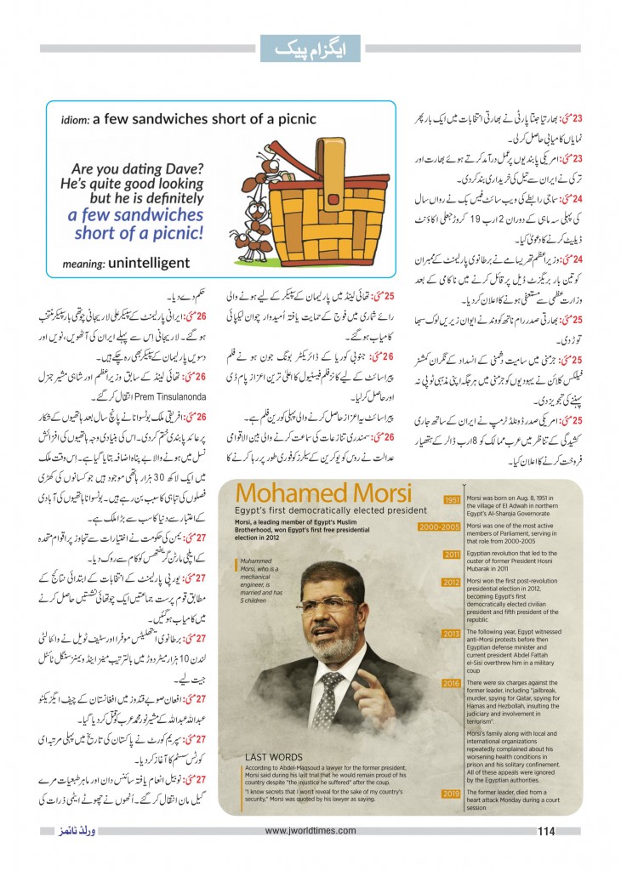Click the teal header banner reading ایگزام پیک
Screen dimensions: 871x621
pos(310,48)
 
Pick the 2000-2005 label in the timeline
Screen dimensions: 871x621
pos(440,527)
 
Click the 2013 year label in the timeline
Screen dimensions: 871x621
pos(450,634)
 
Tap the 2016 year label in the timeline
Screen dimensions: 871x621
pos(450,683)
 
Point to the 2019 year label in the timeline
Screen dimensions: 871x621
pos(450,794)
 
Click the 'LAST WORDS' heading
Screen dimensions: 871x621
pos(274,755)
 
